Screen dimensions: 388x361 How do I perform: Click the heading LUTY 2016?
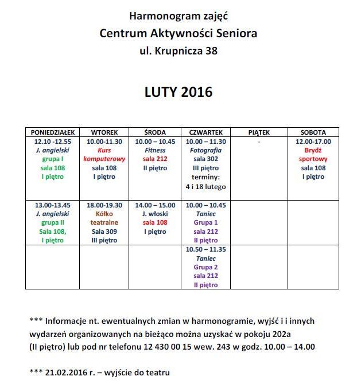tap(178, 92)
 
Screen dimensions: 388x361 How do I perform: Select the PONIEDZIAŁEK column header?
tap(52, 132)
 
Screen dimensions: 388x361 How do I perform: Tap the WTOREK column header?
tap(104, 132)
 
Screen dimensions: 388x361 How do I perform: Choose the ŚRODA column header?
tap(155, 132)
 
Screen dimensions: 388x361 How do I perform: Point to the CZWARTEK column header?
tap(206, 132)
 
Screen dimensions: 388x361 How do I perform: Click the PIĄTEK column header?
tap(259, 132)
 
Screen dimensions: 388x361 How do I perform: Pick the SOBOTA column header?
tap(313, 132)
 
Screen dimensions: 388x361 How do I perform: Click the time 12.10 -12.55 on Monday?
tap(53, 142)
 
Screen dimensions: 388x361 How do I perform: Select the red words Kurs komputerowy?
tap(104, 155)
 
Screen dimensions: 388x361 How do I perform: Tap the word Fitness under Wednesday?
tap(155, 150)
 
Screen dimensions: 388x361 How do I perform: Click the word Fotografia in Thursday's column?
tap(206, 150)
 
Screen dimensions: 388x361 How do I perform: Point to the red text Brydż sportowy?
tap(313, 155)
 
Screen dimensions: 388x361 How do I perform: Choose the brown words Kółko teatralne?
tap(104, 218)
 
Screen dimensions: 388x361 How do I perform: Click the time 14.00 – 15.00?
tap(155, 205)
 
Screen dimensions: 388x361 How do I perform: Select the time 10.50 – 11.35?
tap(206, 250)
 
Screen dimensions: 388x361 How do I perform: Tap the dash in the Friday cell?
tap(259, 142)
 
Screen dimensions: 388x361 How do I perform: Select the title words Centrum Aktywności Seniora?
tap(178, 34)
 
